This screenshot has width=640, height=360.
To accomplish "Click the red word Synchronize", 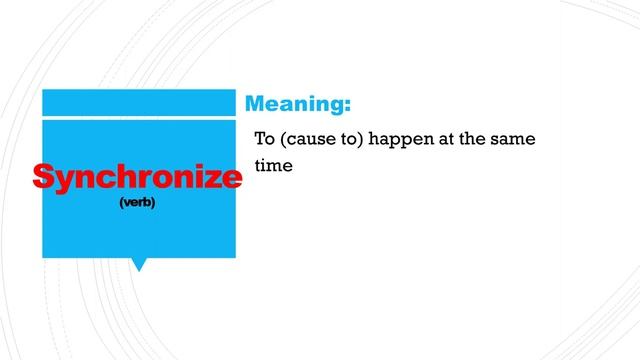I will coord(137,177).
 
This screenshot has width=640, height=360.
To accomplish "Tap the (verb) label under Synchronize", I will coord(137,202).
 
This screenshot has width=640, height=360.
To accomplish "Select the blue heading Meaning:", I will coord(298,104).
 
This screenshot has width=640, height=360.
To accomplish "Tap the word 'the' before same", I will coord(474,139).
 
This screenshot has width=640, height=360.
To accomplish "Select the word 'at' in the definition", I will coord(446,139).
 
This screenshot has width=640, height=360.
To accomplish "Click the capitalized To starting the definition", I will coord(265,139).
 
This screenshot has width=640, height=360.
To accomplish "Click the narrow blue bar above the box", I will coord(138,102).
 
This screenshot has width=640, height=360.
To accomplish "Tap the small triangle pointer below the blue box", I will coord(139,264).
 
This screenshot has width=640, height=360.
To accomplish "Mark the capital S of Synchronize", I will coord(42,176).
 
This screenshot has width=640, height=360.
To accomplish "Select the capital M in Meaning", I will coord(255,103).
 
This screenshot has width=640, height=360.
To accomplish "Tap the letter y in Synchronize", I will coord(61,181).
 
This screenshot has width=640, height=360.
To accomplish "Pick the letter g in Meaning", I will coord(336,107).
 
